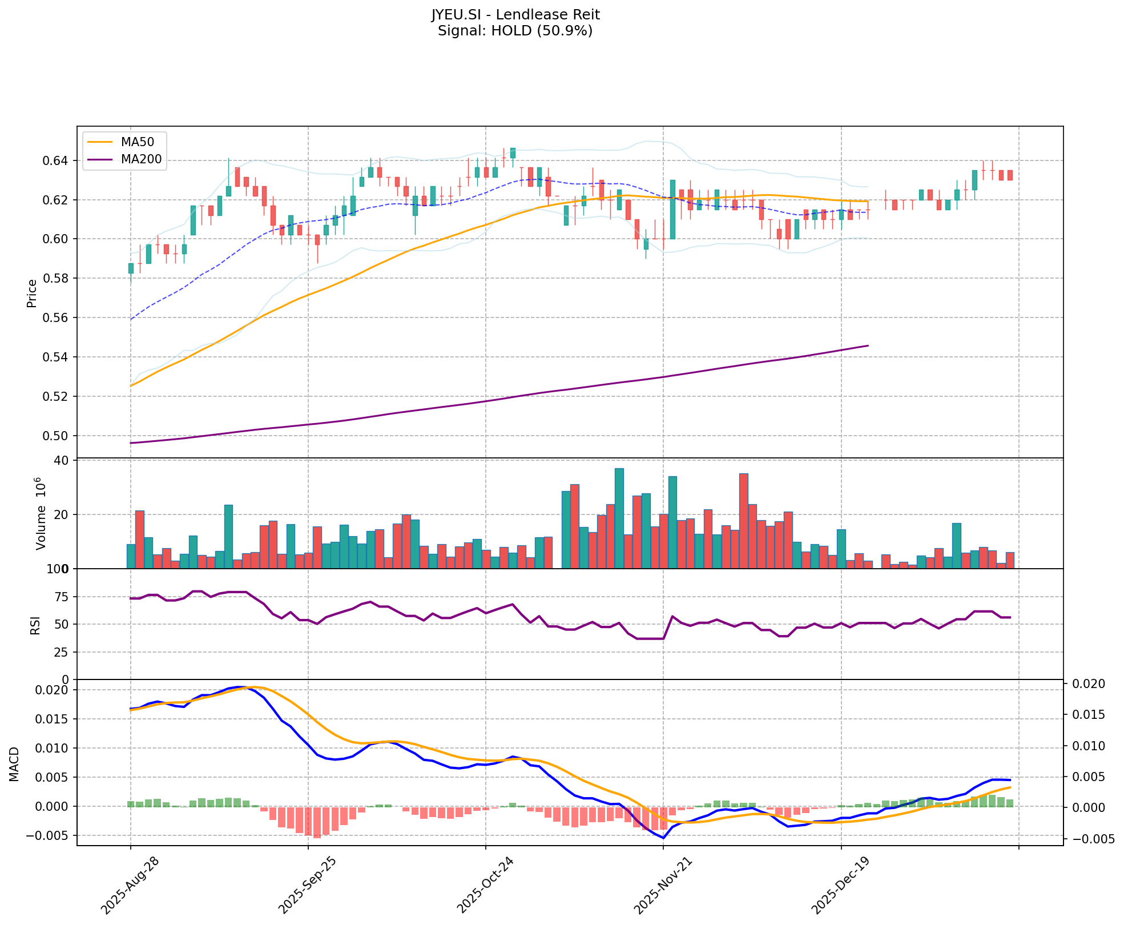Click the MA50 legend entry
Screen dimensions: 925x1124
coord(136,141)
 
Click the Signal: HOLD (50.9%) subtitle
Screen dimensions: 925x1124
coord(515,31)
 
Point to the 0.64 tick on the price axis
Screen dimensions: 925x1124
coord(55,160)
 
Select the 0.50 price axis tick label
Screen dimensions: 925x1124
coord(55,436)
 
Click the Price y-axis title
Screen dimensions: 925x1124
coord(32,293)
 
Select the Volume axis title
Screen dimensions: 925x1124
coord(40,512)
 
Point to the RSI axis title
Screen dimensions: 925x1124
coord(35,625)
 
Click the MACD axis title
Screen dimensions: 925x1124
coord(14,764)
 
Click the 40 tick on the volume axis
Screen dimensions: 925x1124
coord(62,460)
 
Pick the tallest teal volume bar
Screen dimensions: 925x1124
coord(619,518)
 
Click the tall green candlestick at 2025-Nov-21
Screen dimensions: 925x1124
coord(672,210)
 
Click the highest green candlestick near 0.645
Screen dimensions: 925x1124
coord(513,153)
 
